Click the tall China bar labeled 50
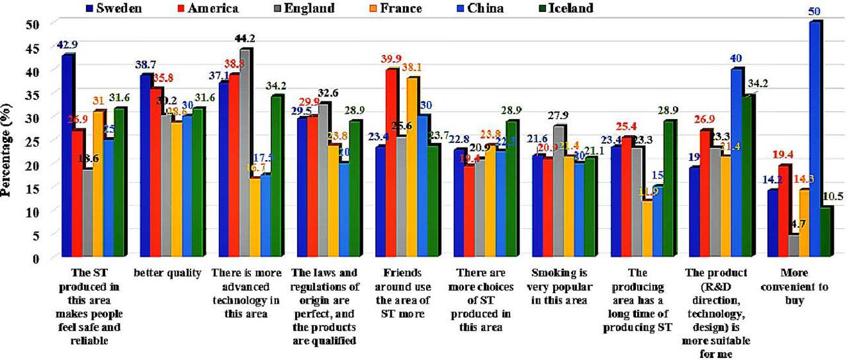[815, 139]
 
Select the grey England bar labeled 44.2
[245, 153]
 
